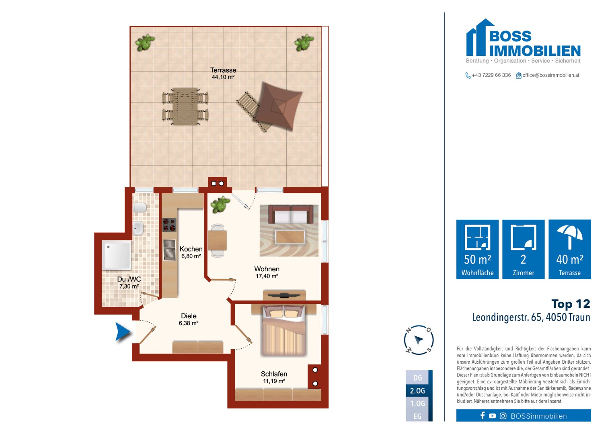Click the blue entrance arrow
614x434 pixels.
(x=123, y=332)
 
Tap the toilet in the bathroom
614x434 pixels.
(x=140, y=208)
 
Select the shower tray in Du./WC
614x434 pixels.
(x=116, y=255)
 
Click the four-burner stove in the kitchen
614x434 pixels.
(x=169, y=225)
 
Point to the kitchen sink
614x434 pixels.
(x=169, y=249)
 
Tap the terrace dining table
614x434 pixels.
(x=185, y=106)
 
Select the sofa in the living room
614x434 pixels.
(x=291, y=215)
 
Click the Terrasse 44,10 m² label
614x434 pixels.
(x=223, y=74)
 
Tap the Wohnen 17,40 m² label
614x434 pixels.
(x=267, y=272)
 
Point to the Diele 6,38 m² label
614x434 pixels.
(x=189, y=319)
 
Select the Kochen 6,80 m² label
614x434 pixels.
(x=191, y=252)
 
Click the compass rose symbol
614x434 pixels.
(x=419, y=340)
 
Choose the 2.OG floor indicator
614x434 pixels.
(x=418, y=391)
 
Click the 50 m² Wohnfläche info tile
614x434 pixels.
(x=477, y=249)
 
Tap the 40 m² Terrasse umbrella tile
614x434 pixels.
(x=569, y=249)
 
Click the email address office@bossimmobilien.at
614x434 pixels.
(x=550, y=75)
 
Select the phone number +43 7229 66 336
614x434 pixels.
(x=491, y=75)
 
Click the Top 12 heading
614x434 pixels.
(x=571, y=304)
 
